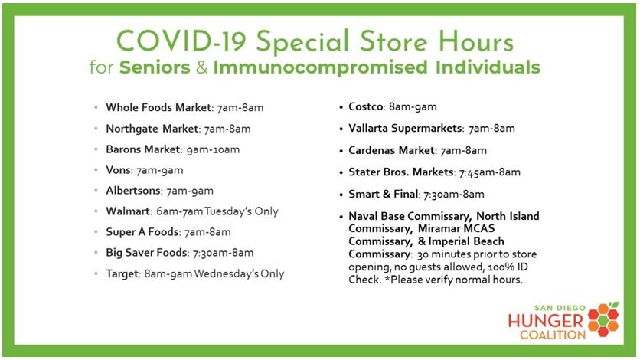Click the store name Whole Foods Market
158,107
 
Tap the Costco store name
366,106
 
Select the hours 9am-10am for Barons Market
213,149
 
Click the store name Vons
119,170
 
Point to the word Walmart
128,211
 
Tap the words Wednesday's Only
239,273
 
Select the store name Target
122,273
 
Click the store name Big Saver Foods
146,253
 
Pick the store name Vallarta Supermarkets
405,128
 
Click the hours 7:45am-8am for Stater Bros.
490,172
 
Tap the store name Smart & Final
384,194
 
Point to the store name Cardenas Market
391,150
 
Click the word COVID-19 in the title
181,41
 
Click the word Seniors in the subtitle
155,67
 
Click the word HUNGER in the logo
546,321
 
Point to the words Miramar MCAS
456,228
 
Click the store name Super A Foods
142,232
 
